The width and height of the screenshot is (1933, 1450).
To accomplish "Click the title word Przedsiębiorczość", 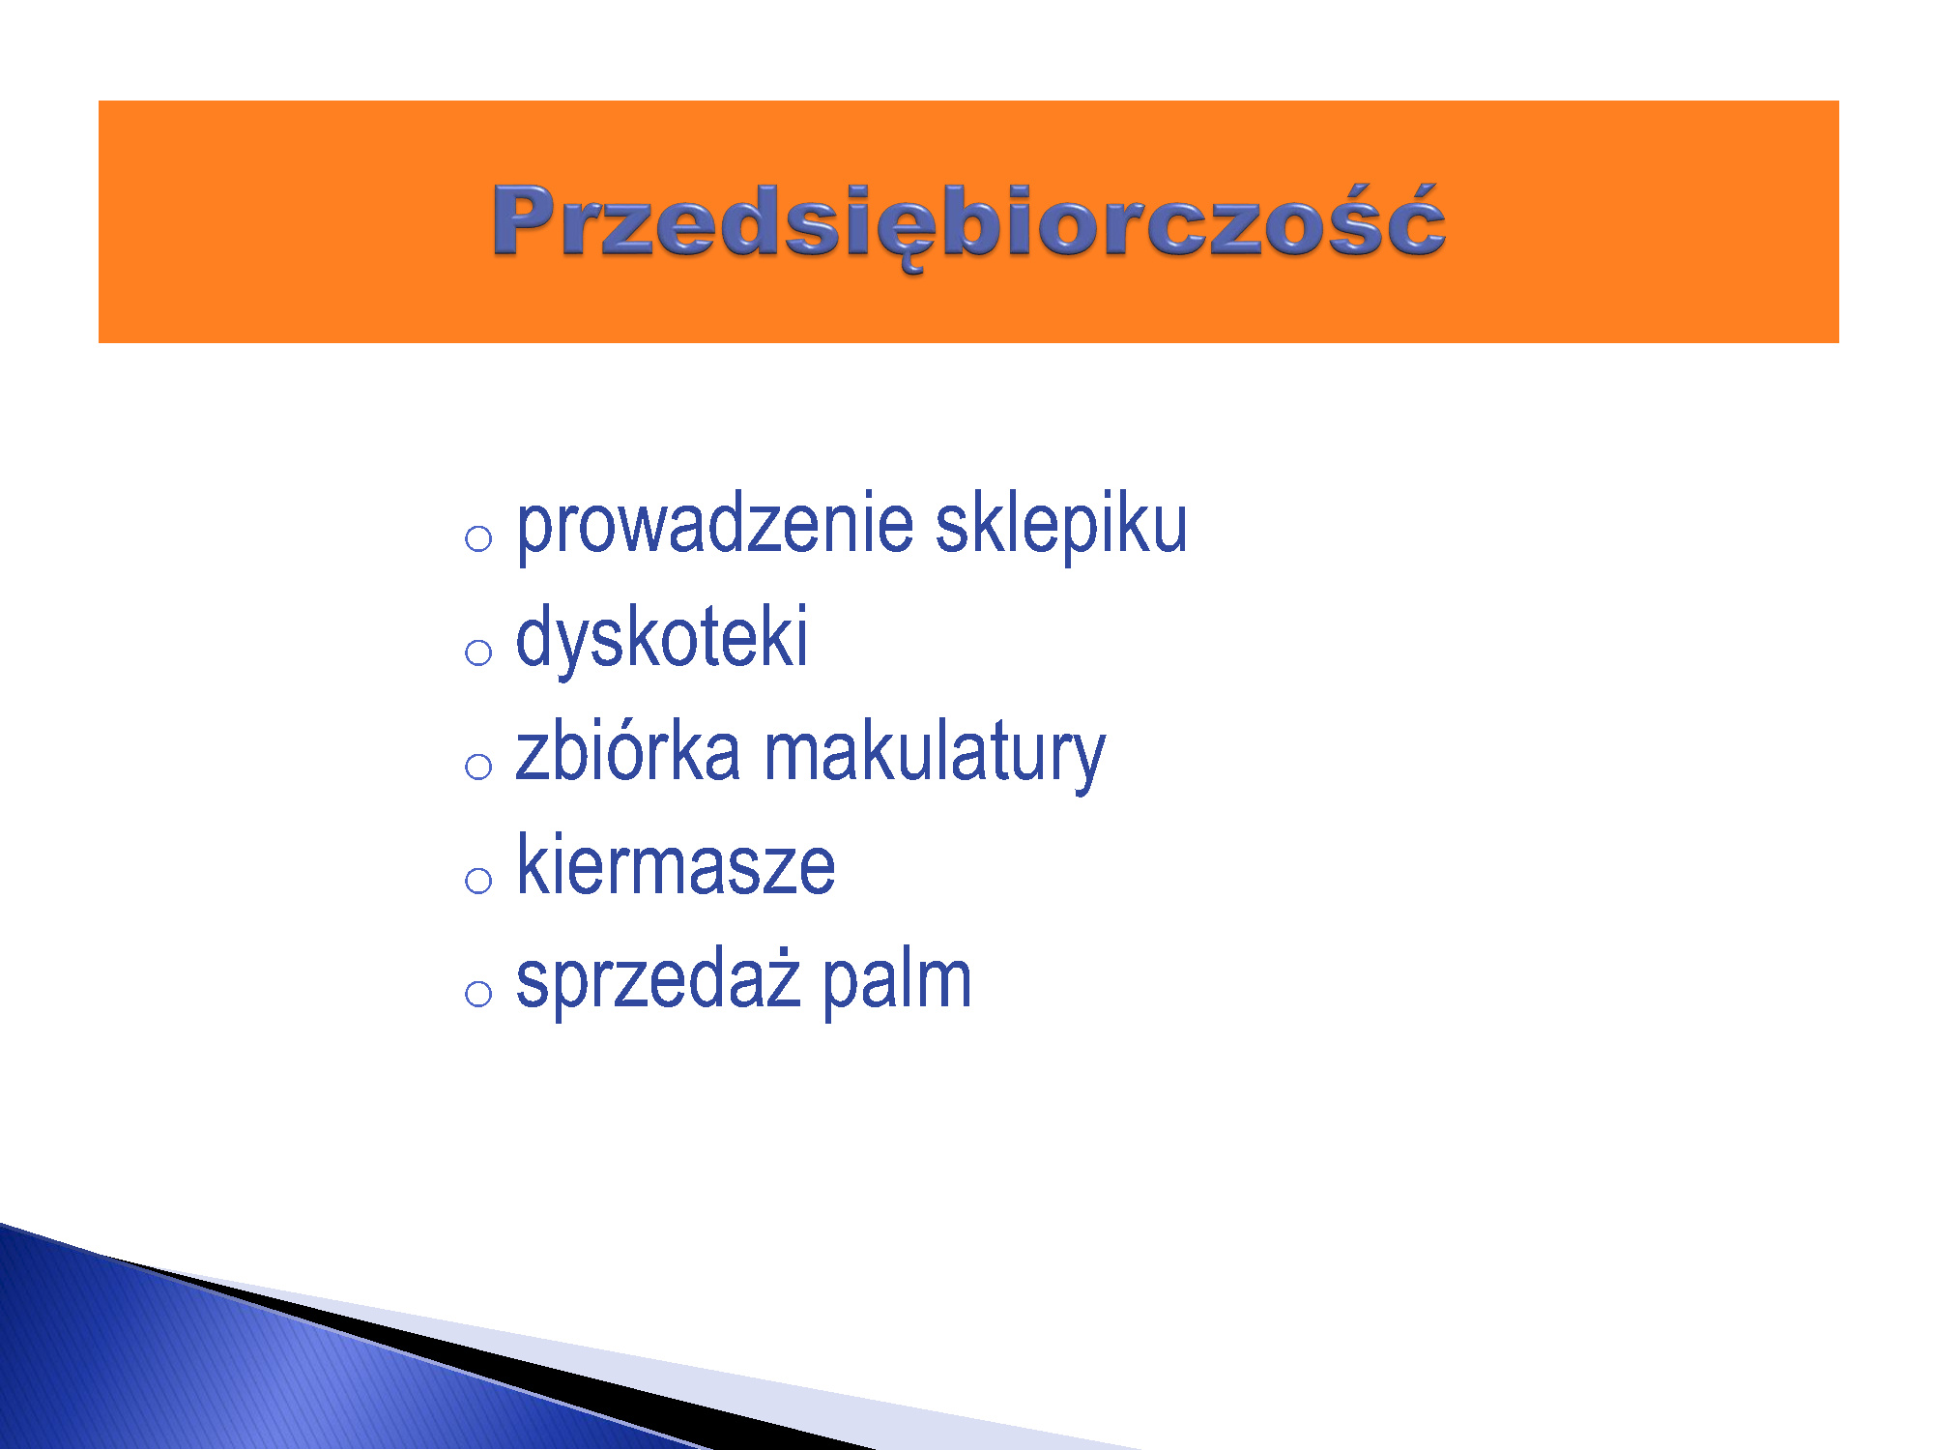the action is coord(968,224).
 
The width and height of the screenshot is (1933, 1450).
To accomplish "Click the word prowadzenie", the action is coord(715,528).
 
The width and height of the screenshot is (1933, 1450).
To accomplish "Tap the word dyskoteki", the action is coord(662,638).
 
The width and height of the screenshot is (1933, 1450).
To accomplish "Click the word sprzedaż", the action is coord(658,980).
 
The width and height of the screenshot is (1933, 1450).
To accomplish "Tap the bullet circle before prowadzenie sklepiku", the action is coord(478,538).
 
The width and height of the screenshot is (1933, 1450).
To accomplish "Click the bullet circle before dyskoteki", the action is coord(478,652).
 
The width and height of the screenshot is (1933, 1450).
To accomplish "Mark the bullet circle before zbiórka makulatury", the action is coord(478,767).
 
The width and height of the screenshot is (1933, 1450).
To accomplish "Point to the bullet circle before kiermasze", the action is coord(478,881).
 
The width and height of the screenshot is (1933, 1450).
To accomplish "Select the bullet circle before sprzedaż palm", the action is coord(478,994).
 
